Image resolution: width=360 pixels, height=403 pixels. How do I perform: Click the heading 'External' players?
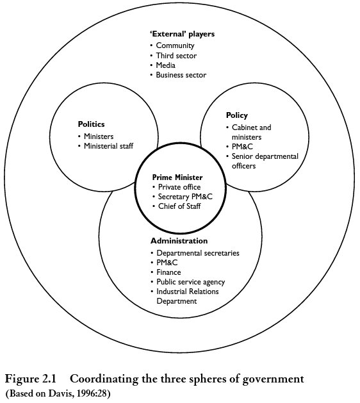pyautogui.click(x=182, y=34)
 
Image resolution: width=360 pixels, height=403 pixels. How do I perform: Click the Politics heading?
pyautogui.click(x=91, y=124)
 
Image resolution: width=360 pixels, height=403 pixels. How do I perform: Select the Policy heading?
pyautogui.click(x=236, y=115)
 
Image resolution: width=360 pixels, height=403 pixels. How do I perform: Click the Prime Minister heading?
pyautogui.click(x=177, y=177)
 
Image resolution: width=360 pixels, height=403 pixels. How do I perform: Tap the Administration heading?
pyautogui.click(x=179, y=241)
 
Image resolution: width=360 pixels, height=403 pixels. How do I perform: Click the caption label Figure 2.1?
pyautogui.click(x=31, y=379)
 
